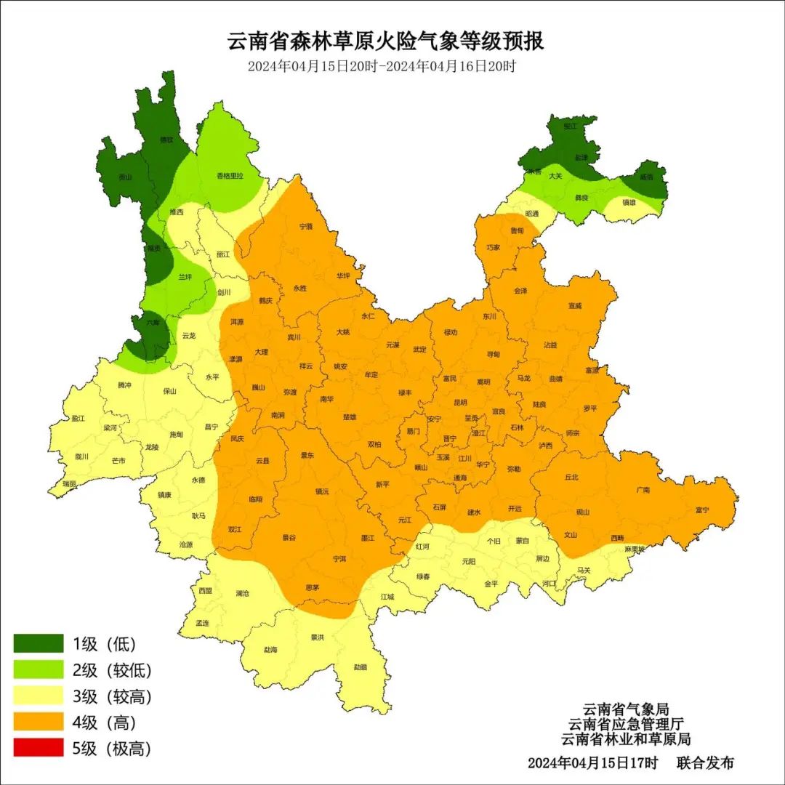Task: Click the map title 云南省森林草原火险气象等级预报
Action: tap(386, 41)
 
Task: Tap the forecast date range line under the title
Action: tap(382, 66)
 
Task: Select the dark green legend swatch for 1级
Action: tap(39, 643)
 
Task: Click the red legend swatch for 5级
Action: tap(39, 748)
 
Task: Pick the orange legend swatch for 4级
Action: tap(39, 722)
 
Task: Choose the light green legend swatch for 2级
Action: tap(39, 669)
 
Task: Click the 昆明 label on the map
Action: tap(460, 402)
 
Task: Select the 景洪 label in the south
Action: tap(317, 637)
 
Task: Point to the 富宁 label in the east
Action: tap(702, 510)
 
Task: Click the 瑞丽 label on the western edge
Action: tap(69, 483)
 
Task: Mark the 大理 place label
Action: tap(261, 352)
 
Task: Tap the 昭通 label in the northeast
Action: tap(532, 214)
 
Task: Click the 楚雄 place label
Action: tap(350, 417)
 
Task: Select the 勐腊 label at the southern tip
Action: tap(361, 667)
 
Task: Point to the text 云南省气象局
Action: tap(625, 709)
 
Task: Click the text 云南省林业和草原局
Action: tap(625, 738)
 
